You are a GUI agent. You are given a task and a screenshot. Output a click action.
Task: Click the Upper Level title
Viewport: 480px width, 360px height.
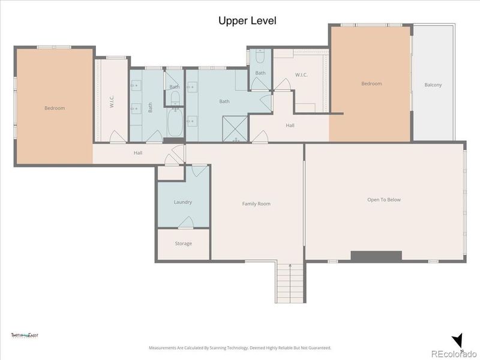[247, 21]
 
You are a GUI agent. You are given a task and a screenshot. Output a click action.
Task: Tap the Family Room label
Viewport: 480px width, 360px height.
[256, 204]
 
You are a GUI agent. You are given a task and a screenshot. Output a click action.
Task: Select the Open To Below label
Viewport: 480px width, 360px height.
[384, 200]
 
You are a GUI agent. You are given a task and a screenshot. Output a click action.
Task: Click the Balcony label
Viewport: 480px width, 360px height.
[433, 85]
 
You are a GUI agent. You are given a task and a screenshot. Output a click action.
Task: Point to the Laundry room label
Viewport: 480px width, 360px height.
[183, 202]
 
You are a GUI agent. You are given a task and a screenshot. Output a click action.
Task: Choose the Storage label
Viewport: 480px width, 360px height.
[183, 244]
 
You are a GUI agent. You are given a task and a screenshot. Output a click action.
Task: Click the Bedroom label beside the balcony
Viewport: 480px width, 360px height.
[371, 84]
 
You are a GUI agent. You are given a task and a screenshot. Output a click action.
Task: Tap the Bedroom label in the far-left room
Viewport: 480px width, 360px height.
[55, 109]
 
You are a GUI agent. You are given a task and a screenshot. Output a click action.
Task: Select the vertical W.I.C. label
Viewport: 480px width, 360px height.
[112, 101]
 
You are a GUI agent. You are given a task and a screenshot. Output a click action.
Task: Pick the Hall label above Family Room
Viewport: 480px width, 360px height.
[290, 125]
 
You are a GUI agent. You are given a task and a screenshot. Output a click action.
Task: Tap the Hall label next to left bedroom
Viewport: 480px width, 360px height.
[138, 153]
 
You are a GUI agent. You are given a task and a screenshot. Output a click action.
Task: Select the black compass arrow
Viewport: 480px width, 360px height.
[459, 340]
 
